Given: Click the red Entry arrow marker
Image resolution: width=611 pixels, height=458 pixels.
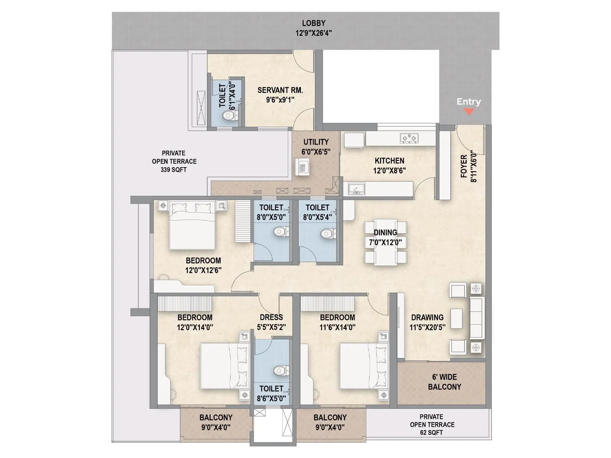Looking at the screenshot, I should point(469,112).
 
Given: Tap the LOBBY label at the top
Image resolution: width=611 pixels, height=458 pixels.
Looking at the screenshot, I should point(314,23).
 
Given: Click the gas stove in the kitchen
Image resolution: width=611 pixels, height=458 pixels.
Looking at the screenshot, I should point(409,138).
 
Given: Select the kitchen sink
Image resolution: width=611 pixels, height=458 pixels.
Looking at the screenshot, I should point(356,189).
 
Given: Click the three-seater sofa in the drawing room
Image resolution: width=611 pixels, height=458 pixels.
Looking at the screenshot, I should point(477,318).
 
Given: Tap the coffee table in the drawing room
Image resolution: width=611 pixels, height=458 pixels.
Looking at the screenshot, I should point(456,318).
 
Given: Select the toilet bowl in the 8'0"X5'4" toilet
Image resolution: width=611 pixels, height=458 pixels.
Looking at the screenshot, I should point(328,233).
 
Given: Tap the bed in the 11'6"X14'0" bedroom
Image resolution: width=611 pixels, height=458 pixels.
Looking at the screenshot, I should point(359,366).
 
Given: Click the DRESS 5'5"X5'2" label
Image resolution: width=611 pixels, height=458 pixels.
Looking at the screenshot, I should point(271,322).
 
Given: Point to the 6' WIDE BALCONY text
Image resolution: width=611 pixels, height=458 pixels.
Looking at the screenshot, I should point(445,382).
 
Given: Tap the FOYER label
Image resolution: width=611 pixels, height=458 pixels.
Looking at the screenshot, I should point(464,166).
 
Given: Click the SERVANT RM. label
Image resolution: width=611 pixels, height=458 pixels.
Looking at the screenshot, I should point(280,90).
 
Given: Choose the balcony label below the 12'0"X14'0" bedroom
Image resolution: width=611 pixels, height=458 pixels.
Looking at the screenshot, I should point(216,422).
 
